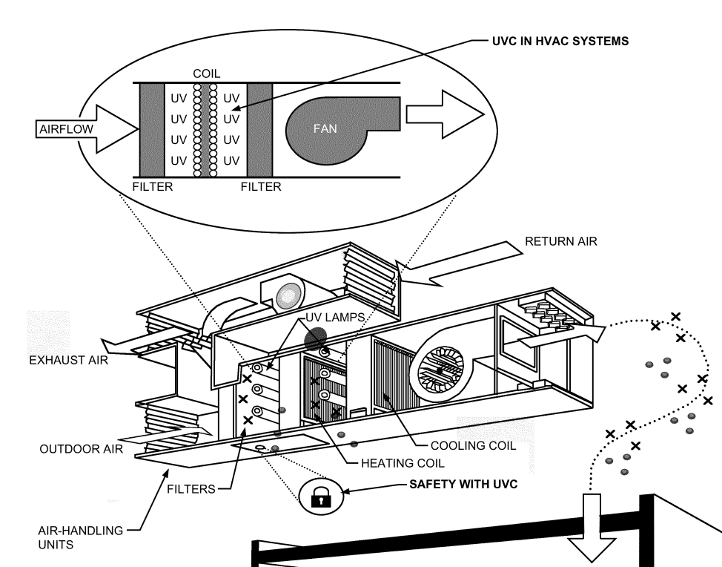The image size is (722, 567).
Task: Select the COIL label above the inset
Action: point(206,75)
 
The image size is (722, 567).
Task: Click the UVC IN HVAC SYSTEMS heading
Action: point(560,42)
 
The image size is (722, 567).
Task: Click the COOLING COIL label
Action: point(474,446)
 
